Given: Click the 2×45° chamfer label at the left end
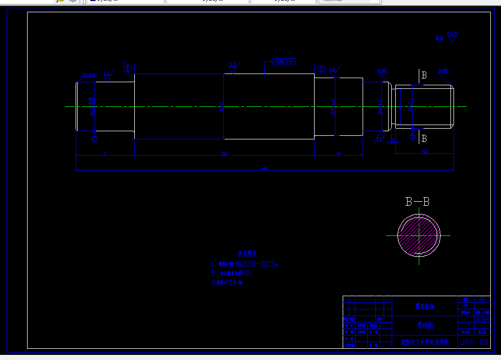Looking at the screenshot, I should pos(89,75).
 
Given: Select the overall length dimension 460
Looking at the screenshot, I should pos(265,168).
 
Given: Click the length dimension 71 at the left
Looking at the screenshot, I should pos(104,153).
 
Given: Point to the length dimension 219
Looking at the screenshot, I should pos(224,153).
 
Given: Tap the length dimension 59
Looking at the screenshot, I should pos(338,153).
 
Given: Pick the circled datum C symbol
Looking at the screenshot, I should pos(94,138).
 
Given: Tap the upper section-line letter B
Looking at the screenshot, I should pos(424,76).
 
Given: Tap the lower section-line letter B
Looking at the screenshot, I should pos(424,138).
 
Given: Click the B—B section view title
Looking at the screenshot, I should pos(417,202).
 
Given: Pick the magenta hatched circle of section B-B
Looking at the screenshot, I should pos(419,235).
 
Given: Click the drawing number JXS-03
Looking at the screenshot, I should pos(475,342).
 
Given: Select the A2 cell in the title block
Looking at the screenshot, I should pos(482,299).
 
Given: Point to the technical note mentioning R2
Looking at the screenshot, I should pos(232,273).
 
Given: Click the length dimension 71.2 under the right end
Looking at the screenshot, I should pos(424,152).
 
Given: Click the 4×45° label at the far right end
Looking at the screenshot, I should pos(443,70).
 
